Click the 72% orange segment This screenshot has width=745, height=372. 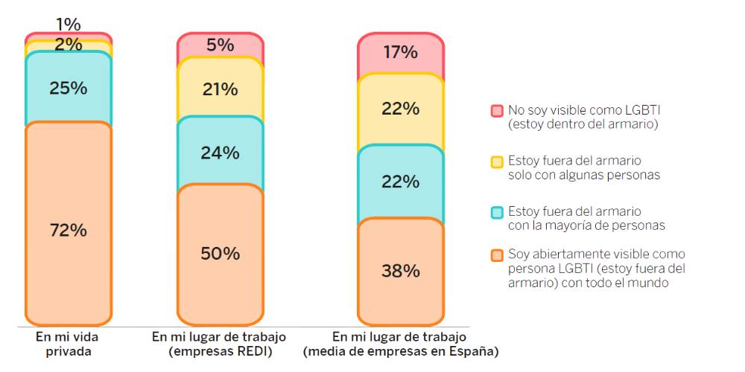pos(69,223)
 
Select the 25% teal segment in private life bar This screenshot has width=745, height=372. pos(69,88)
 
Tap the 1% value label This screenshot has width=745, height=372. pos(69,25)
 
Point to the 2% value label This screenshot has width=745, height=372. pos(69,45)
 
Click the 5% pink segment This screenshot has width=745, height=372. pos(220,45)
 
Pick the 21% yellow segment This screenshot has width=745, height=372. pos(220,89)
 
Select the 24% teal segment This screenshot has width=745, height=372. pos(220,153)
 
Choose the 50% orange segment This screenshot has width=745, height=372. pos(220,253)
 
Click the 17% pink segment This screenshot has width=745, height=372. pos(401,53)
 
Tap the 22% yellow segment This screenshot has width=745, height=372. pos(401,109)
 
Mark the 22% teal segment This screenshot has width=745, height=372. pos(401,182)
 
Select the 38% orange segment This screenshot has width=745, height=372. pos(401,271)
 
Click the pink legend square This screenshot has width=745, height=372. pos(497,111)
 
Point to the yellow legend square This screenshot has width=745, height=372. pos(497,161)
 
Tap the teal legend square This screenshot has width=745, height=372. pos(497,212)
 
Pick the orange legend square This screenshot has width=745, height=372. pos(497,255)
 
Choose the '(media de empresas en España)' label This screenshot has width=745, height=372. pos(401,351)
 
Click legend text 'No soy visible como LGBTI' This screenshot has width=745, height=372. pos(584,110)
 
